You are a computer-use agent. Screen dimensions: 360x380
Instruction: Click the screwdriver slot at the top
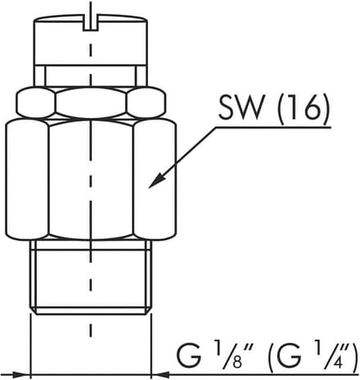[90, 24]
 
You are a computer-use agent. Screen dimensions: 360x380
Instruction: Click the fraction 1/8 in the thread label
[232, 355]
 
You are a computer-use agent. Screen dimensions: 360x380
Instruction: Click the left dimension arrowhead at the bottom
[21, 374]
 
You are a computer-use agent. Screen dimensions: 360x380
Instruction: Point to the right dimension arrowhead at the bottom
[160, 374]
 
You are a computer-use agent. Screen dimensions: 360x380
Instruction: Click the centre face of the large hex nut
[91, 180]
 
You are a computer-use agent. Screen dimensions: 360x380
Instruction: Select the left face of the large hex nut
[27, 179]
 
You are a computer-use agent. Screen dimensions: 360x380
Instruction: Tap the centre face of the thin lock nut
[91, 102]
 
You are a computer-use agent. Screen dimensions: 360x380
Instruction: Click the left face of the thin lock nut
[36, 102]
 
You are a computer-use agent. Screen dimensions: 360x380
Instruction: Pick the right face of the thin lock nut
[146, 102]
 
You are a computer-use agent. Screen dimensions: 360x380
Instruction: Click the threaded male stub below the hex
[90, 277]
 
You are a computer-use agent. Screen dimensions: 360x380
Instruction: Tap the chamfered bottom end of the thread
[90, 310]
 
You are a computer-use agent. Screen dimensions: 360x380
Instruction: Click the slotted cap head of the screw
[90, 41]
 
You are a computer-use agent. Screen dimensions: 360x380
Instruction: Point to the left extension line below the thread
[30, 346]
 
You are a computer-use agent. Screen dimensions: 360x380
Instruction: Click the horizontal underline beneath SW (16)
[272, 127]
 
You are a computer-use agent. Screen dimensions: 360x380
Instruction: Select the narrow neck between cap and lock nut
[90, 76]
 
